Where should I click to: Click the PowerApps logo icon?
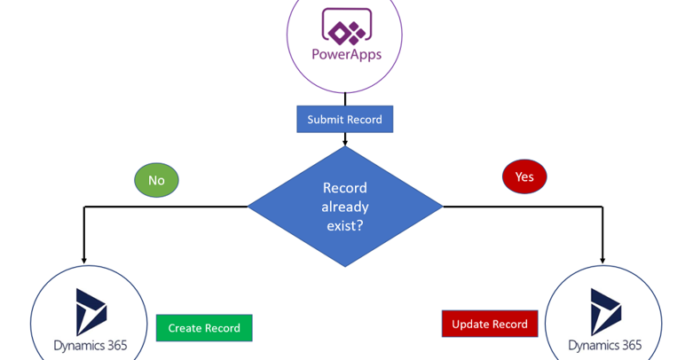(344, 27)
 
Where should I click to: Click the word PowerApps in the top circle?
(345, 54)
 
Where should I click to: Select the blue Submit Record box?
(344, 120)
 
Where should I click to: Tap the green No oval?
(156, 180)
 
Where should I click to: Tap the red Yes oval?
(524, 176)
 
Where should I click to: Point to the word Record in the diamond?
(344, 188)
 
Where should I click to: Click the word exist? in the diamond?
(344, 226)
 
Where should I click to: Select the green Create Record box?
(204, 328)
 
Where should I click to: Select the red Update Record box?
(490, 324)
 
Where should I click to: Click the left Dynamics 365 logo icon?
(91, 311)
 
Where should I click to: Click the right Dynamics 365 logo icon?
(606, 311)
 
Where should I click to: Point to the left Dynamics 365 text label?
(89, 345)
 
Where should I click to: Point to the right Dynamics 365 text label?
(604, 345)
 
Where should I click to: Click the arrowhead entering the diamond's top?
(344, 141)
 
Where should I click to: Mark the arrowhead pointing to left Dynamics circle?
(84, 260)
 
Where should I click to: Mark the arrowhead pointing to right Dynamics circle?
(602, 260)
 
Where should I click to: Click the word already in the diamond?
(344, 207)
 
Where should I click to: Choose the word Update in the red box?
(471, 324)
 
